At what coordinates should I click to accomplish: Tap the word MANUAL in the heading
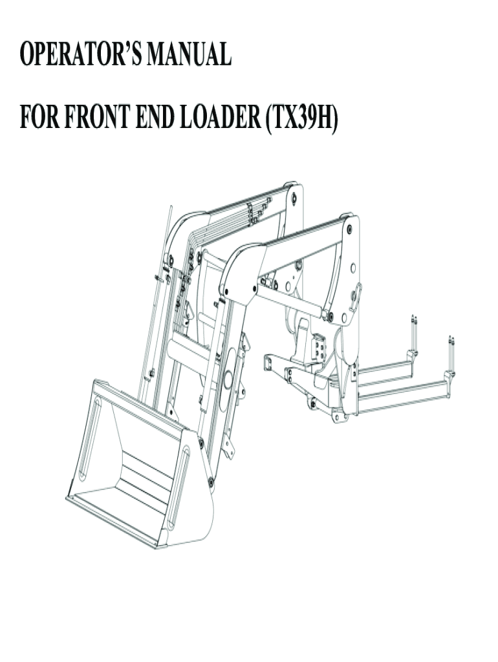pos(189,56)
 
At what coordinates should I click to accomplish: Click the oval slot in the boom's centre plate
pos(230,371)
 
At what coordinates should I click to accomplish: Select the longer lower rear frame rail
pos(401,396)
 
